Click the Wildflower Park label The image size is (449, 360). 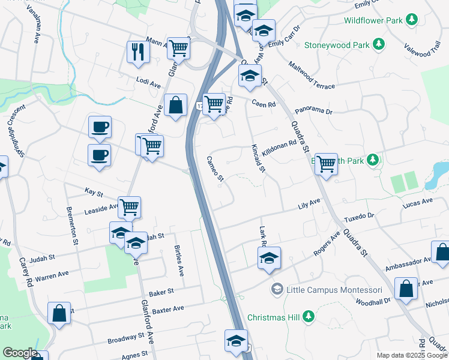[x=373, y=20]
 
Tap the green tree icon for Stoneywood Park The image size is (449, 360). [x=379, y=44]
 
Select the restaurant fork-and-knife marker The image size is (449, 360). [x=139, y=52]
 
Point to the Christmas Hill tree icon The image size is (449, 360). [x=309, y=316]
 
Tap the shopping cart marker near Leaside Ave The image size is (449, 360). [x=130, y=208]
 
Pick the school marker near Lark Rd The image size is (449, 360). [x=269, y=259]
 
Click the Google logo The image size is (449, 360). [x=20, y=353]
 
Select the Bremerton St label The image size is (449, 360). [x=72, y=225]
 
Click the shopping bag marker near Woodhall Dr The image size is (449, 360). [x=406, y=287]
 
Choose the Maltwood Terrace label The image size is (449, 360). [x=312, y=75]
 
